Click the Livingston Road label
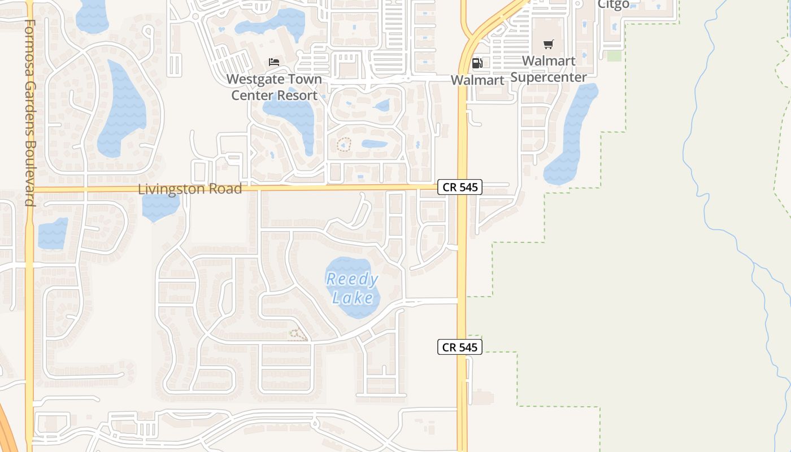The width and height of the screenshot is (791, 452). tap(190, 189)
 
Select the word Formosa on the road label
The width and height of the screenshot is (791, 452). tap(30, 43)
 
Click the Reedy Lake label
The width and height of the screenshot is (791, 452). tap(352, 288)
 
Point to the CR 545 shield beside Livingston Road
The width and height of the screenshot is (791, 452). tap(459, 187)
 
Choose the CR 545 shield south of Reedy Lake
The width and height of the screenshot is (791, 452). tap(459, 347)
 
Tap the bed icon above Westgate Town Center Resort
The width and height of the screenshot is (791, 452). tap(274, 62)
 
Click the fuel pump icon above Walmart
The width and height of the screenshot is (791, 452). tap(477, 63)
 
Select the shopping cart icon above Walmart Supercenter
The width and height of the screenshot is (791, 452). tap(548, 44)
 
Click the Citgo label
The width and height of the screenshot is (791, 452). tap(613, 5)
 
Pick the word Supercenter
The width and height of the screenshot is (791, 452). tap(549, 77)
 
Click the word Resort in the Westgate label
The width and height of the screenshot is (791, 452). tap(297, 95)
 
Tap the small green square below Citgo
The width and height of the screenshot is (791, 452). tap(614, 56)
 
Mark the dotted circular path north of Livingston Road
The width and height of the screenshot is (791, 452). tap(344, 145)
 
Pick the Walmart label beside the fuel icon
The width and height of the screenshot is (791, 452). tap(477, 80)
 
